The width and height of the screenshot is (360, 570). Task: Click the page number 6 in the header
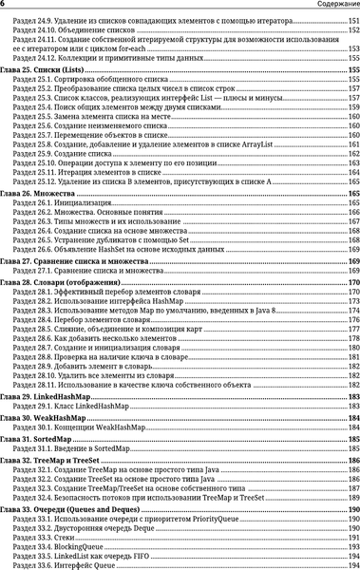pyautogui.click(x=4, y=5)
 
